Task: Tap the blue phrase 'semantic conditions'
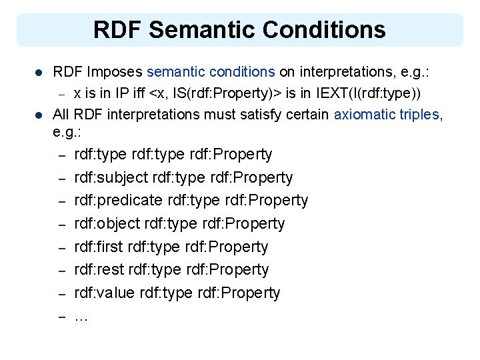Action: (211, 70)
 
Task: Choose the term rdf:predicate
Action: (114, 201)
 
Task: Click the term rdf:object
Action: (103, 224)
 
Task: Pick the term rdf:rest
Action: (97, 270)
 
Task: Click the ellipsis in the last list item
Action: (81, 317)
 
